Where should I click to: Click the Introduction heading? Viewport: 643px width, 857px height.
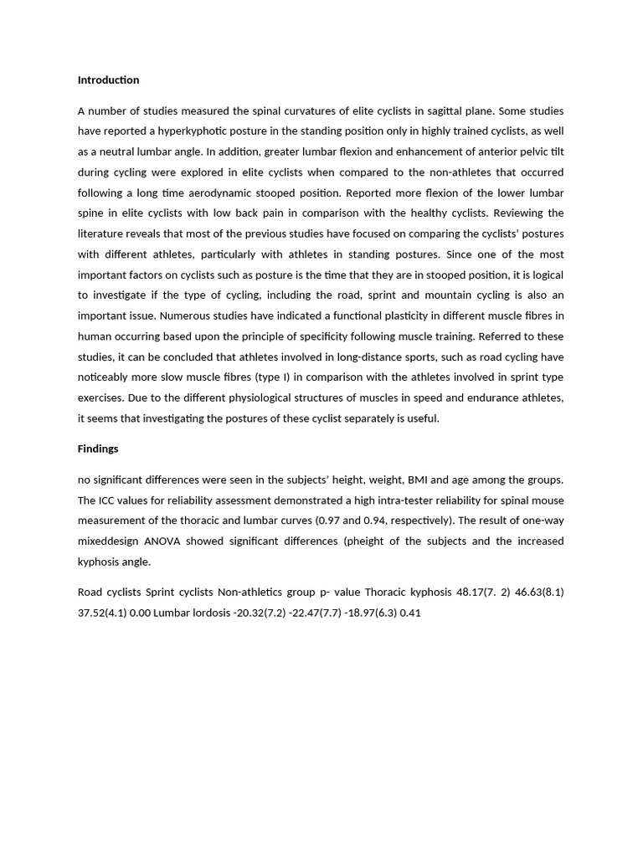(108, 80)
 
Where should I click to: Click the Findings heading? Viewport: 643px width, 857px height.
(98, 449)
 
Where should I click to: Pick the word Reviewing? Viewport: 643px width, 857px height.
(534, 213)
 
